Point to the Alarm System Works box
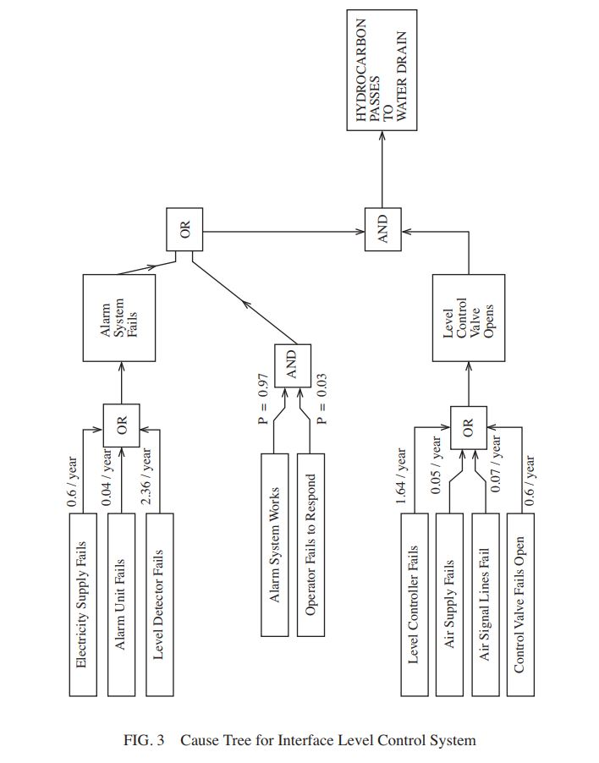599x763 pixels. [x=275, y=545]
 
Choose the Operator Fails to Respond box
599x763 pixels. [x=311, y=545]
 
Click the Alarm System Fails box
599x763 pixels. [x=119, y=318]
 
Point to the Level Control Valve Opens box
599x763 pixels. [x=468, y=318]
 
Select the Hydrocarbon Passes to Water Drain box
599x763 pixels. [x=382, y=70]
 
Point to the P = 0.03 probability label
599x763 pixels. [x=321, y=398]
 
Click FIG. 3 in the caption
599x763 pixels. [x=144, y=740]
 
